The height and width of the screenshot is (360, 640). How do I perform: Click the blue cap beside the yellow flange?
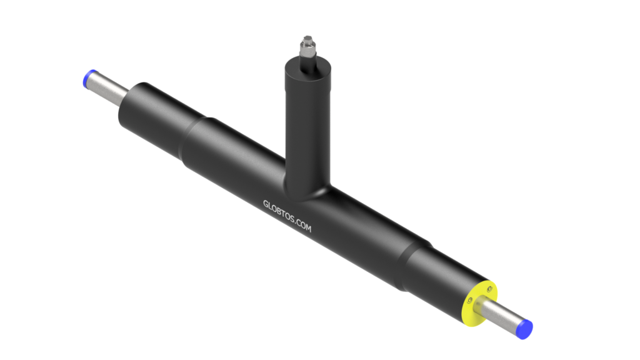[525, 329]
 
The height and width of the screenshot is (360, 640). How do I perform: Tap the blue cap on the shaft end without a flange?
[88, 77]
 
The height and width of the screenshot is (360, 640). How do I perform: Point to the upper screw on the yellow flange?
[489, 289]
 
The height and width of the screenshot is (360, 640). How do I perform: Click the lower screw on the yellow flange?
[470, 301]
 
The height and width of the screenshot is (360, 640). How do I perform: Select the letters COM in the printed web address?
[304, 225]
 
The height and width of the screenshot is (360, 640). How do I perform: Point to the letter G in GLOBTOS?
[265, 203]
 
